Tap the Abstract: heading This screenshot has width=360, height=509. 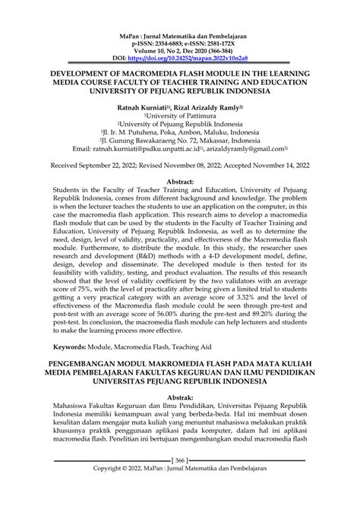(x=180, y=182)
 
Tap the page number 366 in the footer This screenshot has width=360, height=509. (x=180, y=481)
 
